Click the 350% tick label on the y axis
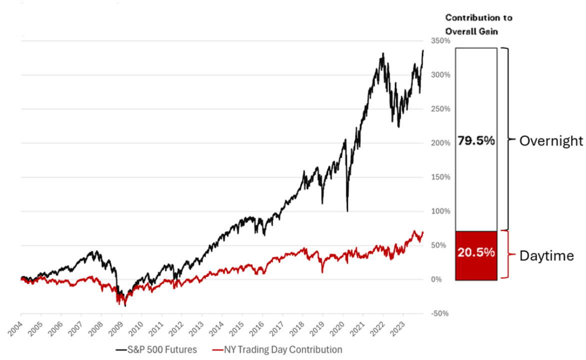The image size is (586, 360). [434, 40]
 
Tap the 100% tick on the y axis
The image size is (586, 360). [434, 211]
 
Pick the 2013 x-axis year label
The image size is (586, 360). [195, 325]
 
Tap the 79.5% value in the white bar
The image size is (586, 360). [476, 141]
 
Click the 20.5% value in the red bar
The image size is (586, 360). [476, 252]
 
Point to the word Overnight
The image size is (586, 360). [551, 141]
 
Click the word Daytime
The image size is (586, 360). [546, 256]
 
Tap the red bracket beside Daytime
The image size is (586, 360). [508, 254]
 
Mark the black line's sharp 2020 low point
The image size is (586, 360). [347, 210]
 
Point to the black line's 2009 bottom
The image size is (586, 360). [125, 305]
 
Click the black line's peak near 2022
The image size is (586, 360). [383, 53]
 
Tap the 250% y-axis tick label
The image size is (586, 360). [434, 109]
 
